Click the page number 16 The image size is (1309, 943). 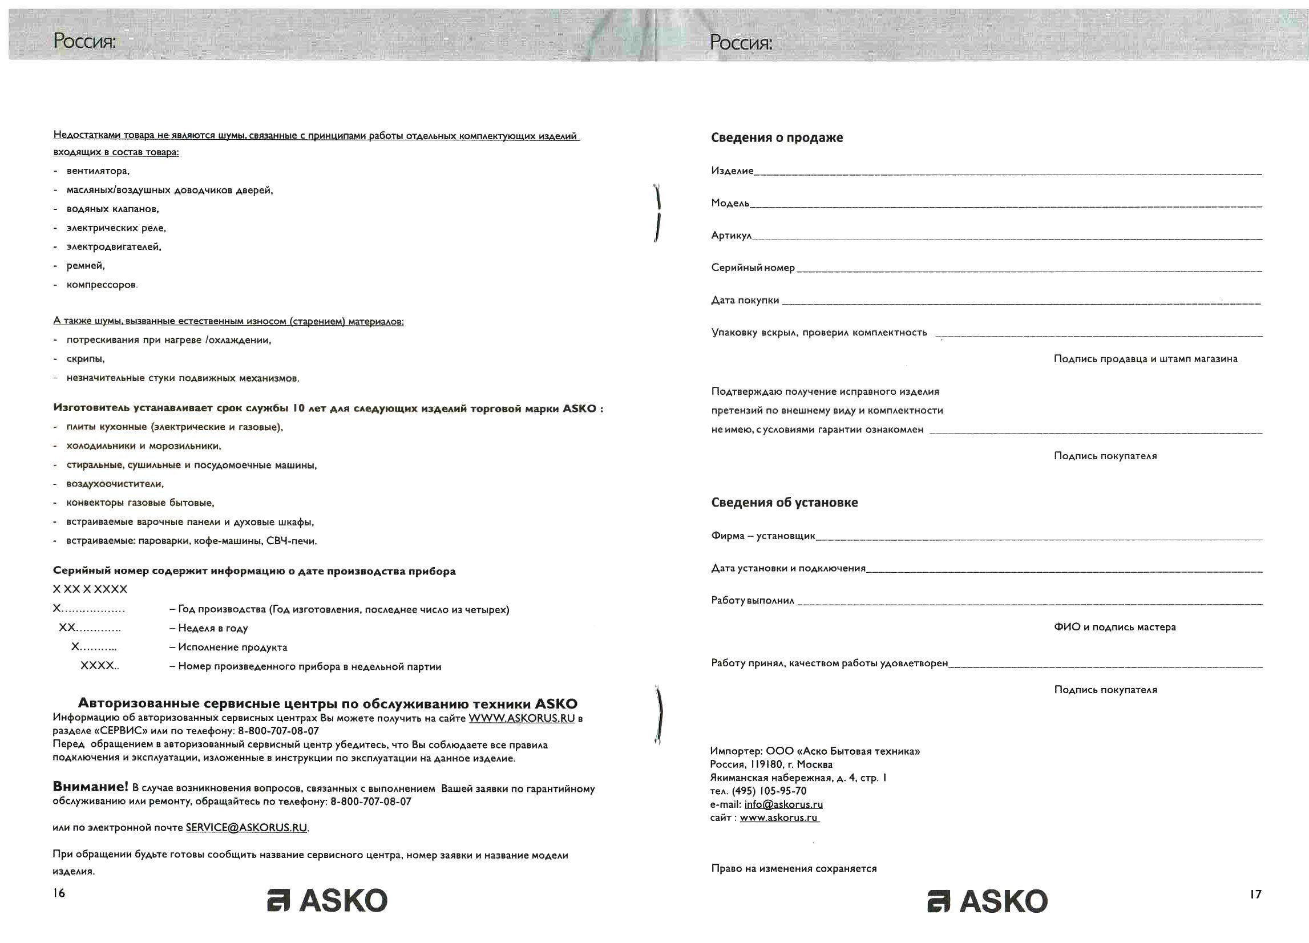tap(59, 893)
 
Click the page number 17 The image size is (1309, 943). tap(1255, 894)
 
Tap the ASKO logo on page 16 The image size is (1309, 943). tap(328, 900)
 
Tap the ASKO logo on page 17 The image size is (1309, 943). tap(988, 901)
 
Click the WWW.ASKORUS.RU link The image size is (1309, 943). tap(521, 718)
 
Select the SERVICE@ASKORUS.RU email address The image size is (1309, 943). tap(247, 828)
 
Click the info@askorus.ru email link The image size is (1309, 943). tap(783, 804)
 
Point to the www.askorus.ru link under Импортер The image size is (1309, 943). tap(778, 817)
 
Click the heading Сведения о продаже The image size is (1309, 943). tap(777, 138)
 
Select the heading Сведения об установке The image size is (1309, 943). tap(785, 503)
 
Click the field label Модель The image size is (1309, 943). tap(730, 203)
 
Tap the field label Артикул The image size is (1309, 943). tap(732, 236)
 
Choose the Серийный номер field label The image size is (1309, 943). tap(753, 268)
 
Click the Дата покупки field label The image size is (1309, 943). tap(745, 300)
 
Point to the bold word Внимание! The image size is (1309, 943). tap(91, 787)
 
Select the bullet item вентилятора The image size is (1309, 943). tap(98, 171)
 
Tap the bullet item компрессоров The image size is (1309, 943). tap(102, 285)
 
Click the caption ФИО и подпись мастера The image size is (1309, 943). tap(1114, 628)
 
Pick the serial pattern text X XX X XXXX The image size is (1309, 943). tap(90, 589)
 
